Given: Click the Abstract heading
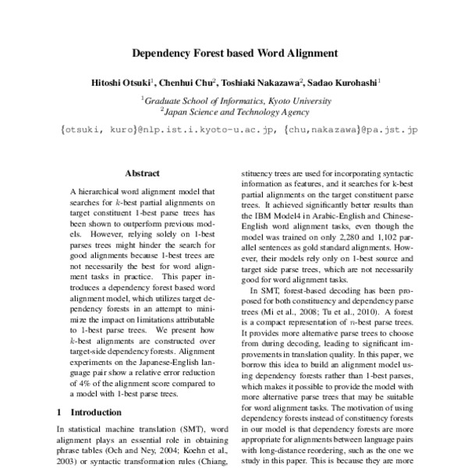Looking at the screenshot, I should (x=142, y=174).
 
